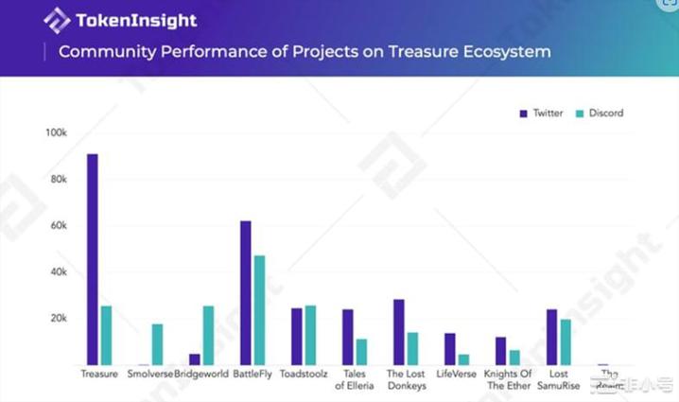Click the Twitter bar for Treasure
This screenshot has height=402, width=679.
92,259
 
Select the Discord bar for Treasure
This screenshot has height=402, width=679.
107,335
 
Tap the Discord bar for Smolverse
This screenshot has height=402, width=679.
158,344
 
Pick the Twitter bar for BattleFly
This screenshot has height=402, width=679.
245,292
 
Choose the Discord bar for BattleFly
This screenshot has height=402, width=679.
260,310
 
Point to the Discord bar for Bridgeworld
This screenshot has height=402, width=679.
209,335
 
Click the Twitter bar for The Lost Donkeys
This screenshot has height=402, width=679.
398,332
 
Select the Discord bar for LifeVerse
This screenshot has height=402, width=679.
464,359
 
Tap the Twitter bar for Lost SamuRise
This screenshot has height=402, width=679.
551,337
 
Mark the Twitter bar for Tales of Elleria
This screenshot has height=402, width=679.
347,337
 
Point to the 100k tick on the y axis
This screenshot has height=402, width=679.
56,132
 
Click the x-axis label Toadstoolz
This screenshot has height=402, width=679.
304,375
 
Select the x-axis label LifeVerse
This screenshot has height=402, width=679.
456,375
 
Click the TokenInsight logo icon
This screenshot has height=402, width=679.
57,21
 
